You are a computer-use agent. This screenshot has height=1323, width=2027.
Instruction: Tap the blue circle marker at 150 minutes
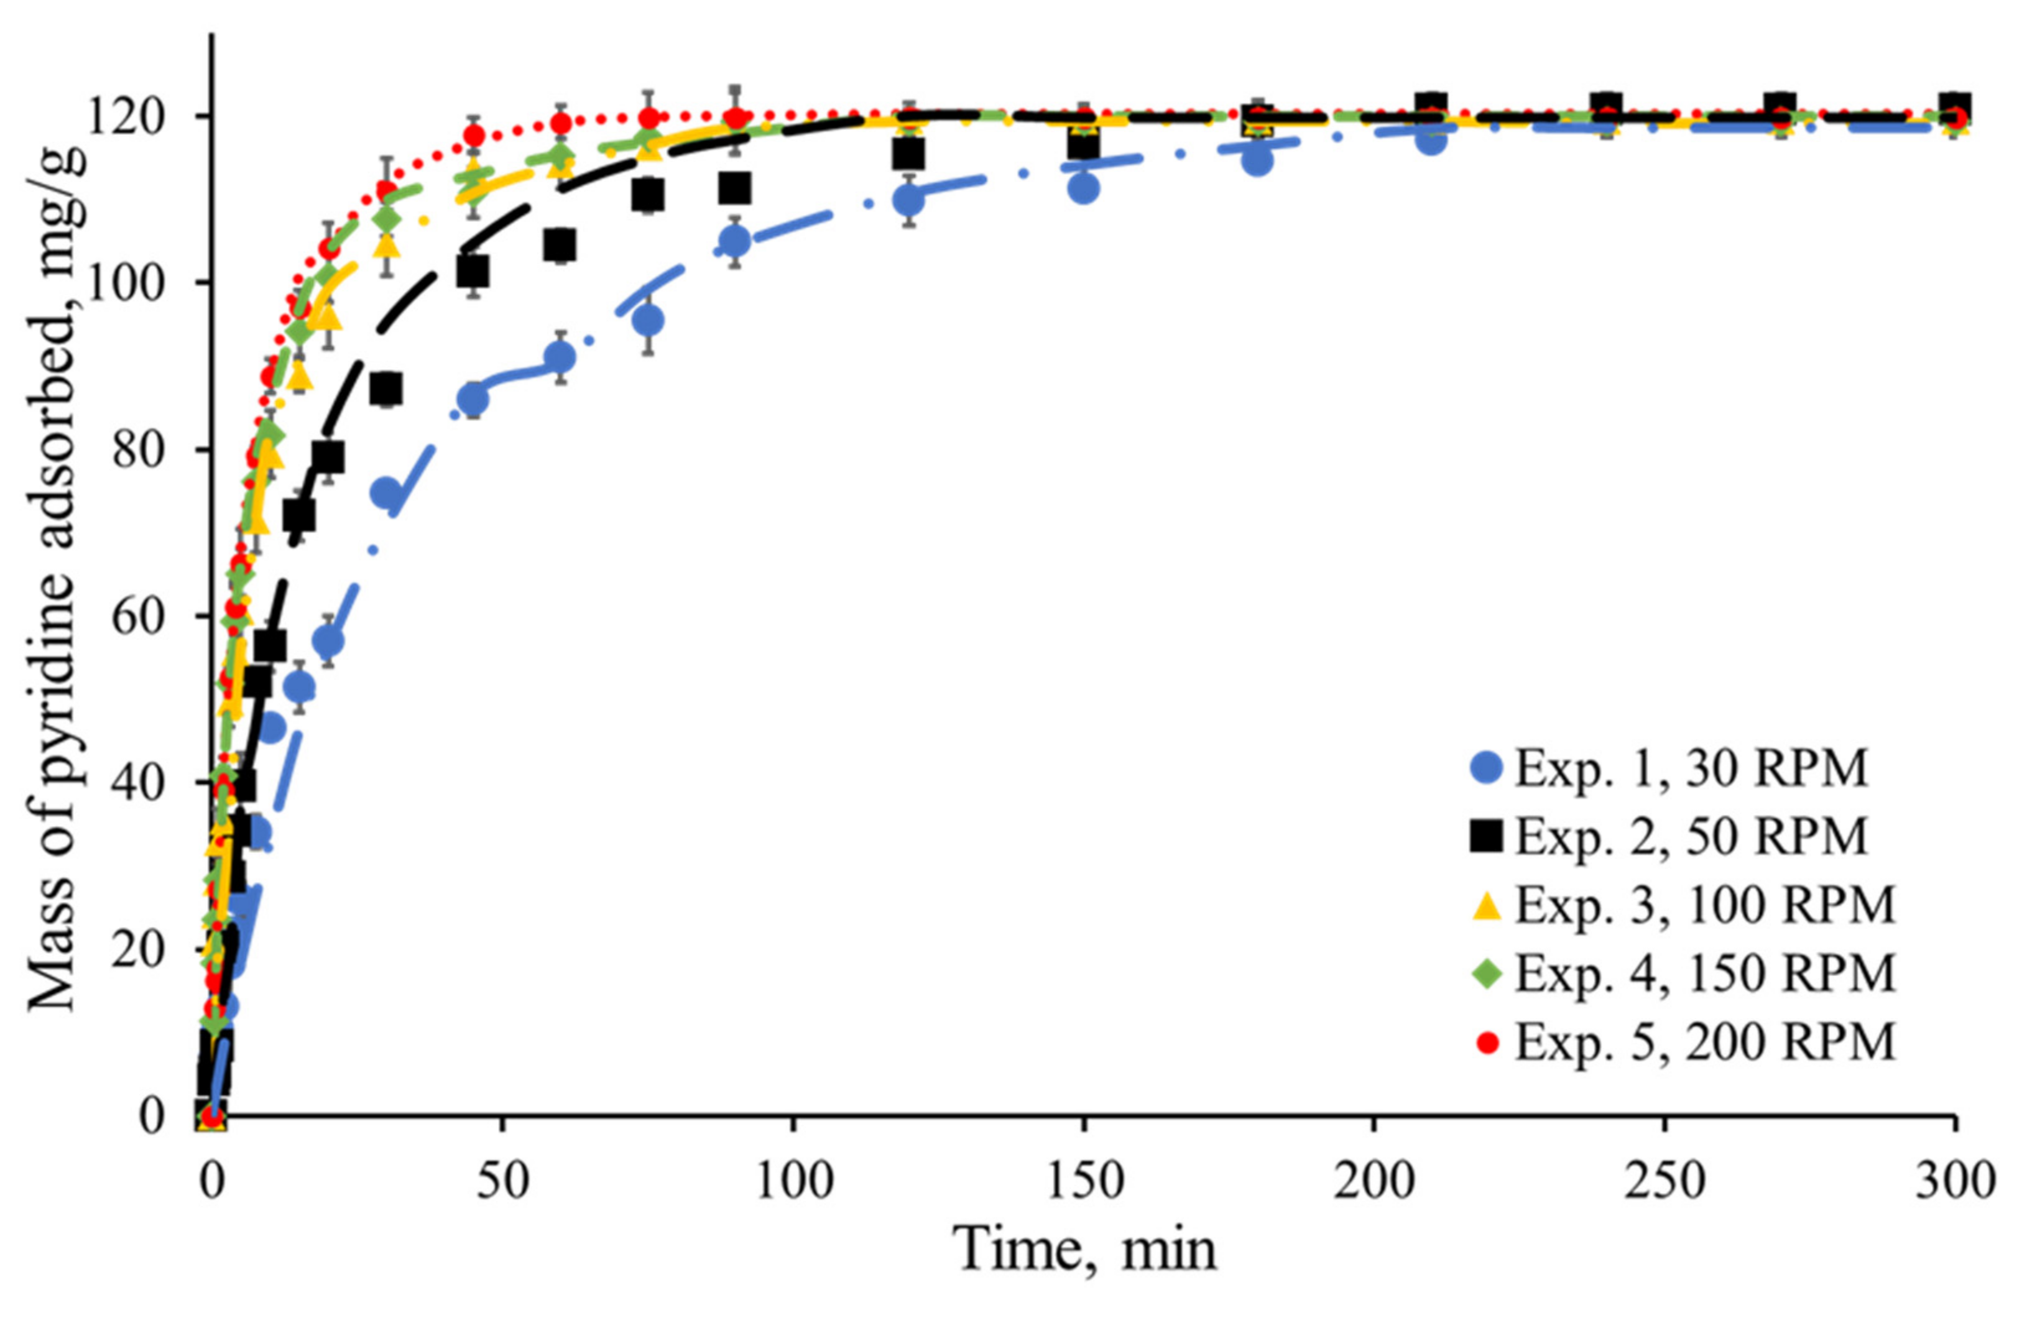[1083, 188]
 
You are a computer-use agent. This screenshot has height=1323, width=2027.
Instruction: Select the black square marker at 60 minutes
[560, 246]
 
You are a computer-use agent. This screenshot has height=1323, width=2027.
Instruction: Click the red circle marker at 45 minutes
[474, 136]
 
